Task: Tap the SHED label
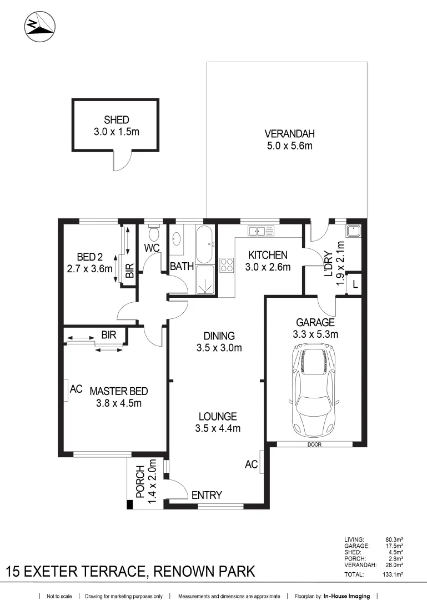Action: [116, 119]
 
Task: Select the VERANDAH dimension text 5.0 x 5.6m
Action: [289, 146]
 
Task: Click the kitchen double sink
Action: [259, 231]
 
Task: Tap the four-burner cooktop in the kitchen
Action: [227, 265]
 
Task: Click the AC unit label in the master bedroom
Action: [76, 390]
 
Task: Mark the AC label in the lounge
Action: [252, 464]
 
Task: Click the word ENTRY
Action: [207, 495]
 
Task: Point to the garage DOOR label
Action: [314, 444]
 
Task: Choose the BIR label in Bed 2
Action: [129, 271]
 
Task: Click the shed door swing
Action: [123, 161]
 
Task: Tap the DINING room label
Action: [219, 336]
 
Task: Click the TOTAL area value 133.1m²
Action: [394, 575]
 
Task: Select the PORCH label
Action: [139, 481]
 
